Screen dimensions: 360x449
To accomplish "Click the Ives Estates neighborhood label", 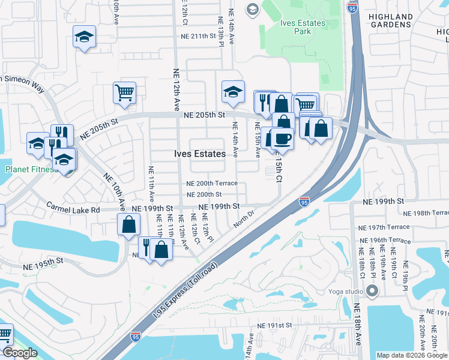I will point(200,154).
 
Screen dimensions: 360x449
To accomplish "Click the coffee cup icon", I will point(282,139).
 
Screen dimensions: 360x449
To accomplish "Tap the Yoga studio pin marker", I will point(372,292).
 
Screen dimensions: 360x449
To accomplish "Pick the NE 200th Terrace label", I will point(212,184).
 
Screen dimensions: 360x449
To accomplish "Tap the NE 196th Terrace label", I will point(384,240).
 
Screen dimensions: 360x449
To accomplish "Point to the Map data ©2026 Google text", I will point(411,355).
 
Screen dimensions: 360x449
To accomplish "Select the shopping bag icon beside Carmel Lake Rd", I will point(129,225).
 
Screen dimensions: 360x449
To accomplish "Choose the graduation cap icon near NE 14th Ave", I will point(233,92).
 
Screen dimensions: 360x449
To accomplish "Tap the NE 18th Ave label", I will point(357,324).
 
